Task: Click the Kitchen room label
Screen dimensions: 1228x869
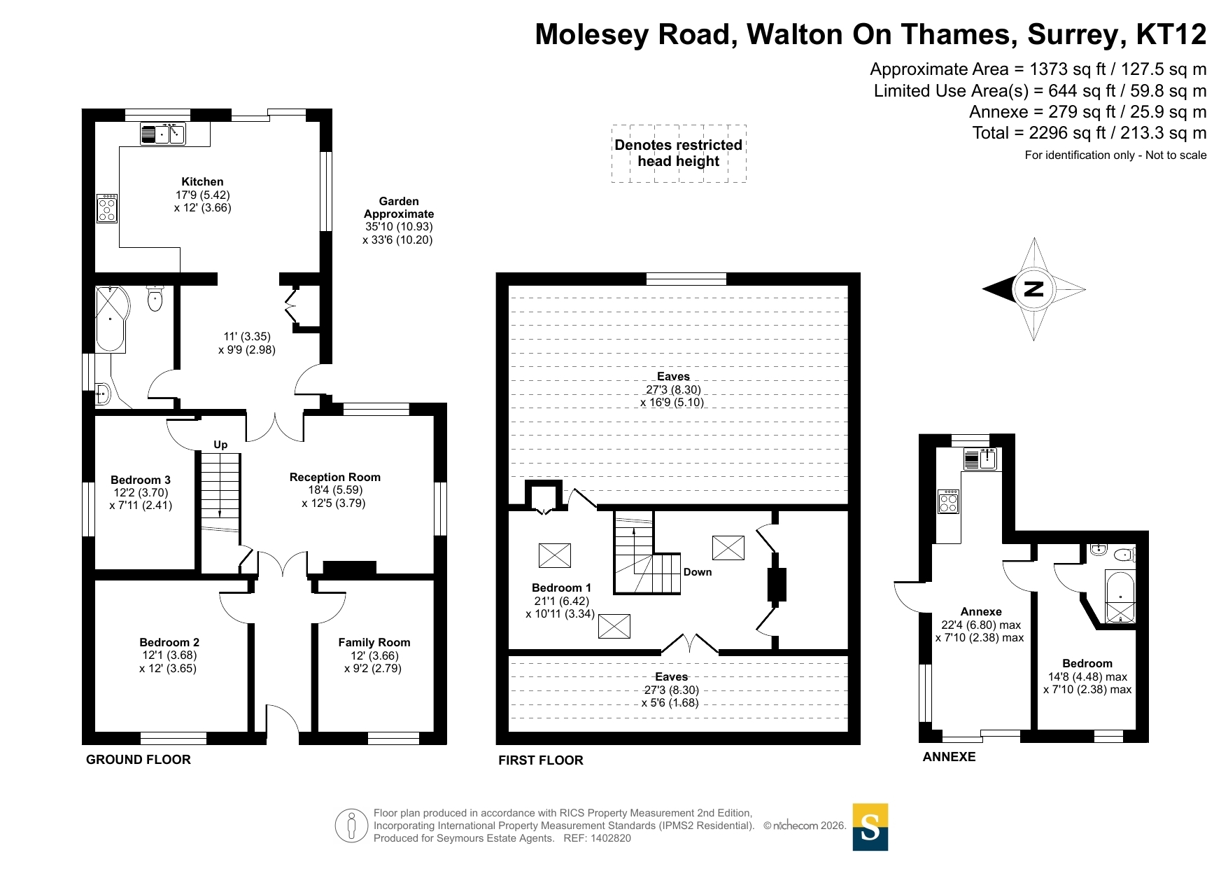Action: coord(202,182)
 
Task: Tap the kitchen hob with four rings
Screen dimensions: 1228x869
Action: coord(107,208)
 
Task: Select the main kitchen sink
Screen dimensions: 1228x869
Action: coord(162,133)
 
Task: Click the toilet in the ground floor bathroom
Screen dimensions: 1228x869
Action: coord(155,298)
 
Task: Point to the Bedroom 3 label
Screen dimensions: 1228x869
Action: coord(141,480)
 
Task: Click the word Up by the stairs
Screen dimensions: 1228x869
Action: coord(220,445)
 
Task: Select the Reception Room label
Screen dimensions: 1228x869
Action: coord(335,477)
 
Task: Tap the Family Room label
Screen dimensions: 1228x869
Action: coord(374,642)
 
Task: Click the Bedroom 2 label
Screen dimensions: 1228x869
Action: coord(169,642)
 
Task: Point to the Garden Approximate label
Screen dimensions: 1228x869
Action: coord(399,207)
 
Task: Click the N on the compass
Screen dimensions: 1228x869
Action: coord(1033,288)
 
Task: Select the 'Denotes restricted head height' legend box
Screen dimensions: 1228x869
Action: coord(679,153)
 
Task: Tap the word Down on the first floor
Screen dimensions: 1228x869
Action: coord(698,572)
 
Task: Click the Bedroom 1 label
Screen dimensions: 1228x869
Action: coord(561,588)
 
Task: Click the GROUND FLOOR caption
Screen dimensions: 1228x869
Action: coord(139,760)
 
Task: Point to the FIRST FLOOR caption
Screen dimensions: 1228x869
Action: coord(541,760)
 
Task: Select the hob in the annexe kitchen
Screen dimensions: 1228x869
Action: coord(948,501)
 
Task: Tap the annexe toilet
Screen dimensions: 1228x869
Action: coord(1124,555)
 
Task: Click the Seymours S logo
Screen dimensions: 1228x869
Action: coord(870,827)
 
